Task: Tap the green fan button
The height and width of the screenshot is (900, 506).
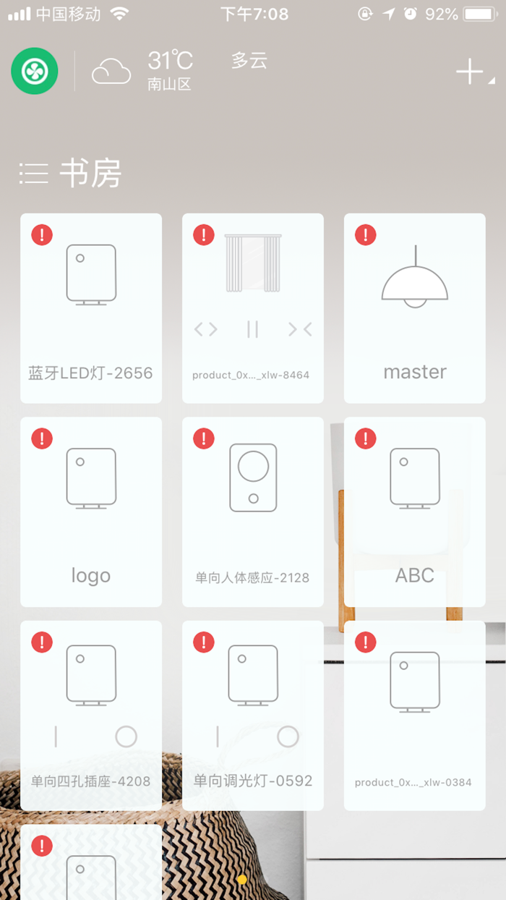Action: [35, 71]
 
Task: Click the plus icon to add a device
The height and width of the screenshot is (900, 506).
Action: [469, 72]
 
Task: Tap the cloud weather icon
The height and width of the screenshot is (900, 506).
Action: [111, 71]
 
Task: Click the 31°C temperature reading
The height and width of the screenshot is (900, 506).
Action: [171, 60]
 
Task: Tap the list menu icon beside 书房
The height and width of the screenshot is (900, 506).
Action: [34, 174]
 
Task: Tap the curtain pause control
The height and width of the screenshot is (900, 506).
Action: [252, 329]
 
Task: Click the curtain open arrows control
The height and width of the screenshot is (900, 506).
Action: [205, 329]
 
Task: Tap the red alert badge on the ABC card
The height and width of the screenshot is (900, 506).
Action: [366, 438]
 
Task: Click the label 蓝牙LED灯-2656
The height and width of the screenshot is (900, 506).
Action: [90, 373]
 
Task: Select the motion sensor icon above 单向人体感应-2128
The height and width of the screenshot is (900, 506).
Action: [253, 477]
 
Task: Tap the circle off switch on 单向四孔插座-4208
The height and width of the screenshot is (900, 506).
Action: [126, 736]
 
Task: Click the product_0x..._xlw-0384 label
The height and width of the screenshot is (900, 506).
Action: [413, 782]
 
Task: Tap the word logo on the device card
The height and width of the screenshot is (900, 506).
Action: [91, 576]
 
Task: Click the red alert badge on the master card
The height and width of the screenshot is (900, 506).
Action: [366, 234]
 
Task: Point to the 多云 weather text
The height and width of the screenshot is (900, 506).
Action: [249, 61]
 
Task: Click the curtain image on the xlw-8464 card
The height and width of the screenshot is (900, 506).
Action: [253, 263]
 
